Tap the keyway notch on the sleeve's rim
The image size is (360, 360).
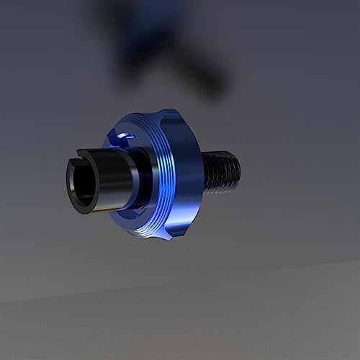coord(80,154)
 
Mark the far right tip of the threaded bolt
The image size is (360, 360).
coord(238,170)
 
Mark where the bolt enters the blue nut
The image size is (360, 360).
coord(204,173)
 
